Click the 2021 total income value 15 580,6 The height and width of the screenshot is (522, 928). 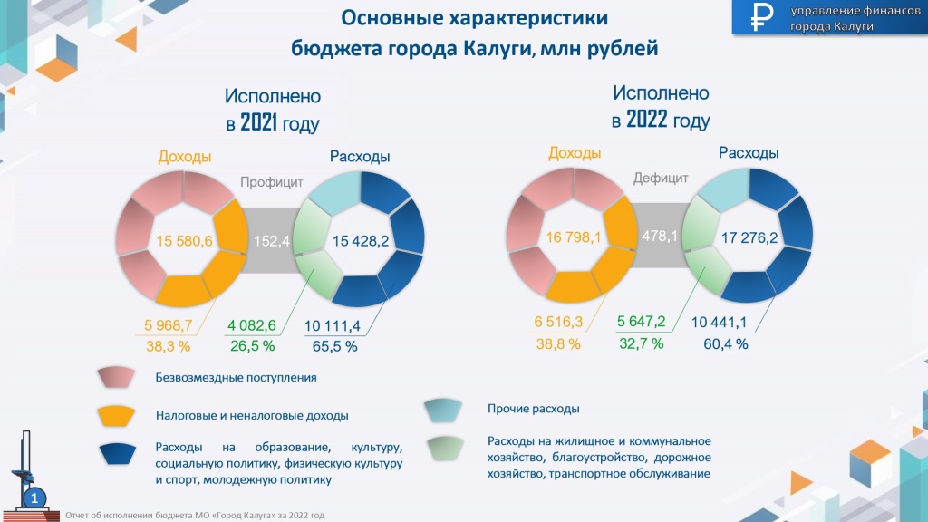click(185, 241)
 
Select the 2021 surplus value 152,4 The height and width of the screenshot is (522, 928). click(272, 241)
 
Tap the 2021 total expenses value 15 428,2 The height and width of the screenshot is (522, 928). click(362, 241)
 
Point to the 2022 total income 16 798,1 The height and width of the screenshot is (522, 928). click(575, 237)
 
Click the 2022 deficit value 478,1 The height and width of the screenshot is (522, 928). click(660, 237)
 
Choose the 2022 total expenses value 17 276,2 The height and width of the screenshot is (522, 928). click(749, 238)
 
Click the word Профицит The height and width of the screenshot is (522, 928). click(271, 182)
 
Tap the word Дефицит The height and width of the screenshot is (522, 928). click(661, 179)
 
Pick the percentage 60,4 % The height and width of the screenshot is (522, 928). click(725, 343)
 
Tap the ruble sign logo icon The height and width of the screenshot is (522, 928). click(759, 17)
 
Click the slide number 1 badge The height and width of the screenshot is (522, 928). click(34, 498)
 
